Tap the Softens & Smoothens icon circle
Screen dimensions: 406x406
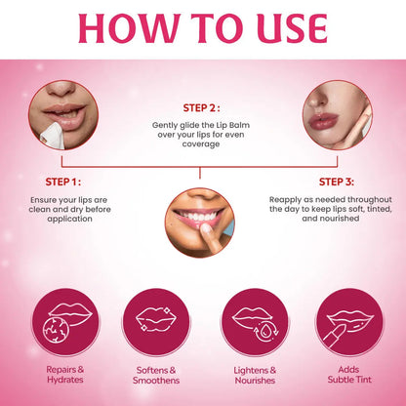[154, 323]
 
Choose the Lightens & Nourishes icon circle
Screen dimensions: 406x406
[250, 323]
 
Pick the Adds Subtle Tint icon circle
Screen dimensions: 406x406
[341, 323]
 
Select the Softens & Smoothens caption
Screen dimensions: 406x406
[154, 376]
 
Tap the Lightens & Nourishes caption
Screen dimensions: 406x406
[250, 376]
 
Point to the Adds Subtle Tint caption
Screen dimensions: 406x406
[341, 376]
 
